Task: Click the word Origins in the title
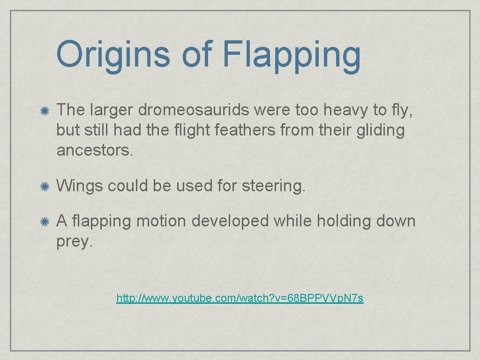(112, 54)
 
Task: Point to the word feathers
(245, 130)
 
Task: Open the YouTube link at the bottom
(240, 298)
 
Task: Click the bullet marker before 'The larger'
(45, 110)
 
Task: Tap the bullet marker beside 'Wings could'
(45, 187)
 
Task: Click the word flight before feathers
(195, 130)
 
